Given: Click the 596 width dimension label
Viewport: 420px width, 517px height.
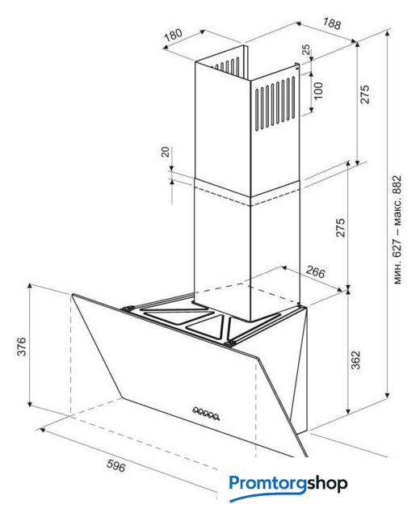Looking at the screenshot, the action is (116, 465).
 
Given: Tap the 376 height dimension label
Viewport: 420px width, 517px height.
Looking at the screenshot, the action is (22, 347).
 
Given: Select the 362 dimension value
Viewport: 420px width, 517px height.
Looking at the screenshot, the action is (355, 360).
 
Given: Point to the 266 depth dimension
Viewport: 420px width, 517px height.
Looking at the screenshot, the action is (315, 271).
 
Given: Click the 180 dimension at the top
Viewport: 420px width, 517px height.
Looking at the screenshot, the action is (174, 35).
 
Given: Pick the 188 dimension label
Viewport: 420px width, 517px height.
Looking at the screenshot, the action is (332, 23).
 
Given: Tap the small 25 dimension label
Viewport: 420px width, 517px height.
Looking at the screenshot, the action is (306, 49).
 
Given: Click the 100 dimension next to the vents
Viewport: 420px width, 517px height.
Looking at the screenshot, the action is (318, 90).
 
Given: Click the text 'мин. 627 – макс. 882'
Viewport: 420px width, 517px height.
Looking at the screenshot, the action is (397, 229).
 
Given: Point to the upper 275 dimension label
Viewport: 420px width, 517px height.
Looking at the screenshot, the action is (364, 95).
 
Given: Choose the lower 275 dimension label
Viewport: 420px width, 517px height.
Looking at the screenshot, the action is (340, 228).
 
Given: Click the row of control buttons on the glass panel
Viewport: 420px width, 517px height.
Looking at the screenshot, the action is (206, 414).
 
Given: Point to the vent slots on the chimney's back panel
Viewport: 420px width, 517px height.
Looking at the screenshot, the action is (228, 65).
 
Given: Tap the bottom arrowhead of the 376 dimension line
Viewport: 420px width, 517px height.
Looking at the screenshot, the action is (30, 404).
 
